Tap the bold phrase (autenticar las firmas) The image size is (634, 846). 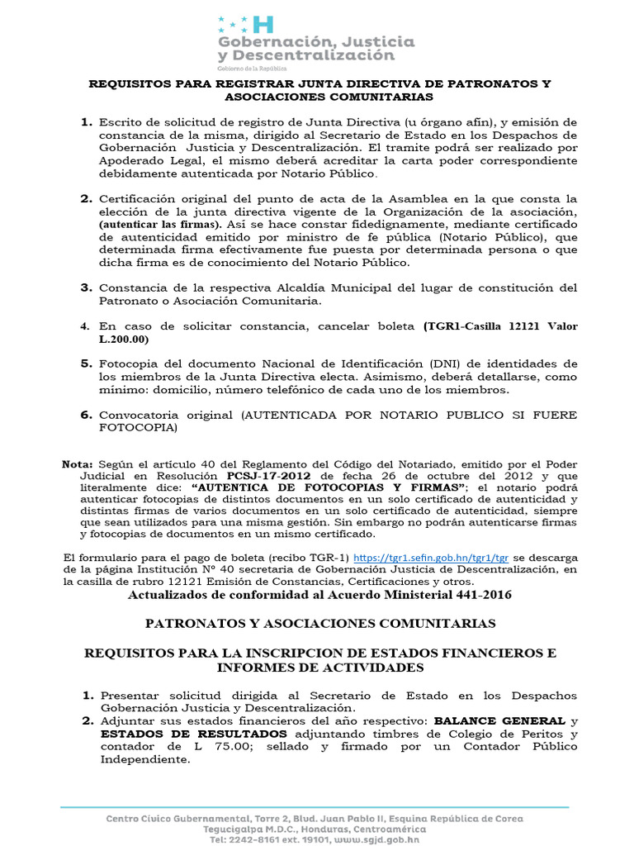[160, 224]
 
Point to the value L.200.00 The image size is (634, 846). [124, 339]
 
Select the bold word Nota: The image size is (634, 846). [78, 464]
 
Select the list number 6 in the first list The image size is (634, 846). [86, 415]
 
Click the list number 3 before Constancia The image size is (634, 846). [86, 288]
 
